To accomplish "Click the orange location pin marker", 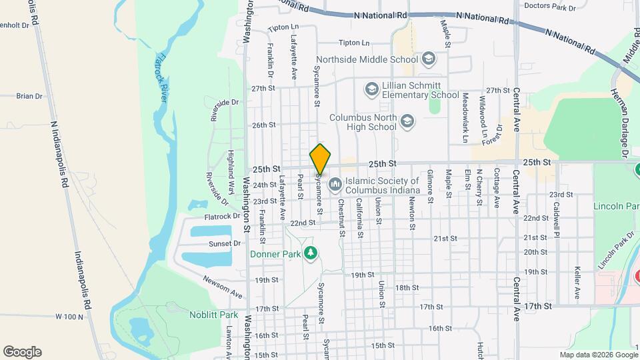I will point(321,159).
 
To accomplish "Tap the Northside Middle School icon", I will point(428,60).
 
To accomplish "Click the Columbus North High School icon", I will point(407,121).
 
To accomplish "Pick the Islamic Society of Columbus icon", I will point(335,182).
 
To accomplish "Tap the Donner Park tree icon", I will point(309,253).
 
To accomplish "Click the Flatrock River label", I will point(162,77).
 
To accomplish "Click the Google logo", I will point(22,352).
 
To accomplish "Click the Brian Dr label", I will point(29,96).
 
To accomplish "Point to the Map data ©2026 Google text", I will point(598,355).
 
